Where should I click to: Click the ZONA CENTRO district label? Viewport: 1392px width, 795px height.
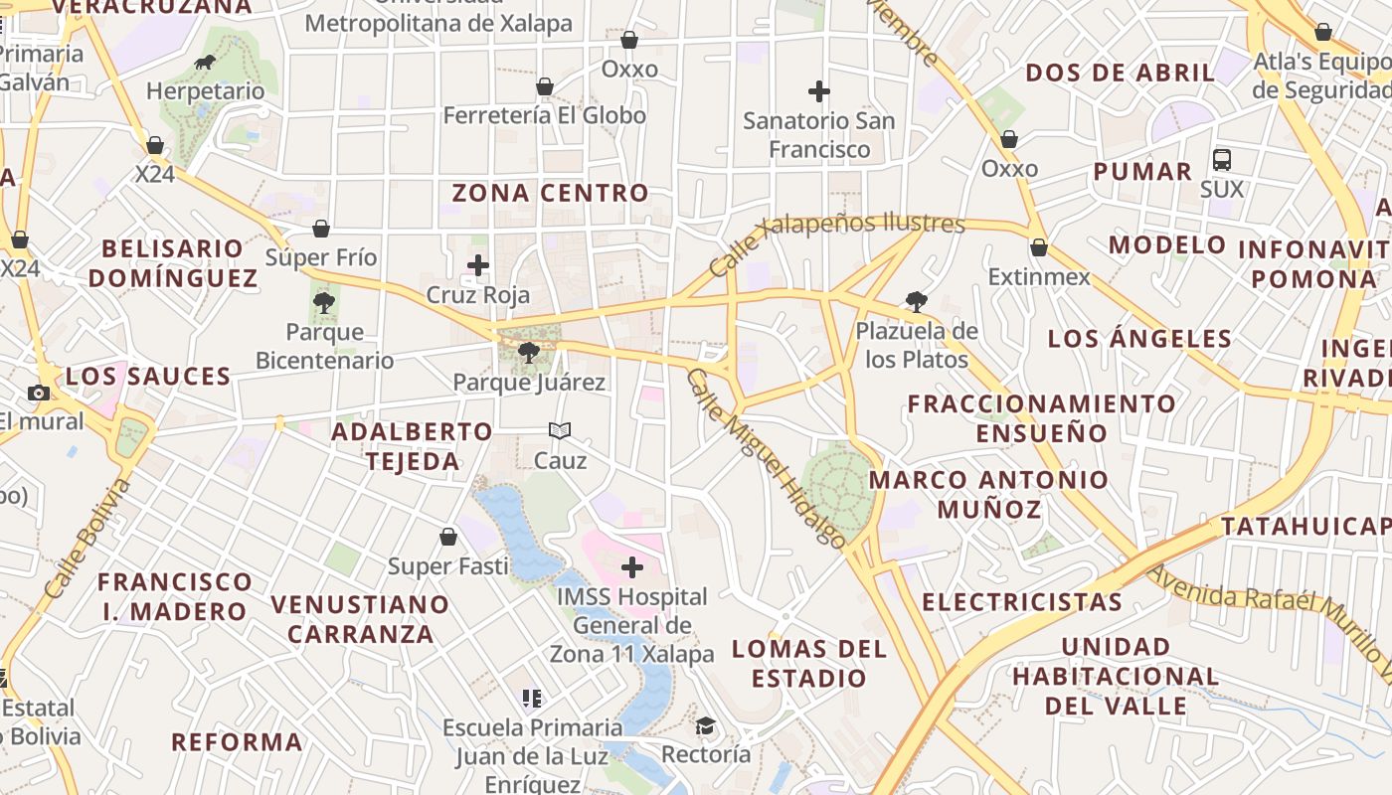[550, 193]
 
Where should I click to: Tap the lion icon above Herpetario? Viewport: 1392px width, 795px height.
[205, 64]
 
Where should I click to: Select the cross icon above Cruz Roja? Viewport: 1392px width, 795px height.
[478, 265]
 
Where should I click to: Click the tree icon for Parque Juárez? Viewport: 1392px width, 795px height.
[529, 352]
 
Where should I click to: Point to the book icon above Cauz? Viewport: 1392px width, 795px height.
[560, 430]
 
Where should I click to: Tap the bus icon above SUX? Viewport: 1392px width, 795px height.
[1222, 159]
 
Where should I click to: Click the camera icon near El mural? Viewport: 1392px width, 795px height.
[39, 393]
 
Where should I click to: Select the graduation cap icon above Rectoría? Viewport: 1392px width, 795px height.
[705, 725]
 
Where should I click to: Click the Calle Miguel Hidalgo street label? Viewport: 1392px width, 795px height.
[766, 458]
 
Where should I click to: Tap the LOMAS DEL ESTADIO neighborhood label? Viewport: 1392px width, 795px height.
[808, 664]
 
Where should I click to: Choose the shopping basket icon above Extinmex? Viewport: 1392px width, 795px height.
[1039, 247]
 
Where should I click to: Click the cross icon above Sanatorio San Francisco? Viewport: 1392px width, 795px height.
[819, 91]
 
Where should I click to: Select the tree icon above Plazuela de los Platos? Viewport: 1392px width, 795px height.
[916, 301]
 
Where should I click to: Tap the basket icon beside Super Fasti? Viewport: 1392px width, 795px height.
[448, 537]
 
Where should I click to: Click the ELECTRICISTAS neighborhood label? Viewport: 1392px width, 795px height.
[1021, 602]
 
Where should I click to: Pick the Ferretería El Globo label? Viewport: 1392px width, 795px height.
[544, 115]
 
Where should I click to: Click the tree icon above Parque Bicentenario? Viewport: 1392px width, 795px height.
[323, 302]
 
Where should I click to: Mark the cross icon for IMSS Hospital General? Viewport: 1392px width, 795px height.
[632, 567]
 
